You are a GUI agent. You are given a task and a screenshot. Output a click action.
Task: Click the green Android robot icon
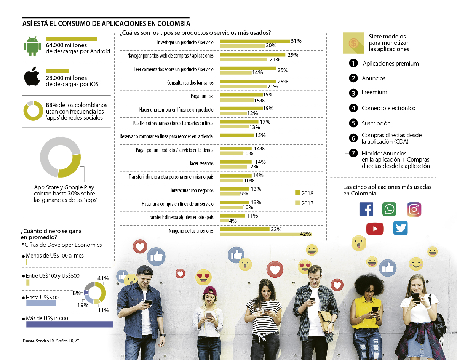pyautogui.click(x=32, y=46)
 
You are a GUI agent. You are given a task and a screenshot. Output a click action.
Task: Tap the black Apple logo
pyautogui.click(x=32, y=77)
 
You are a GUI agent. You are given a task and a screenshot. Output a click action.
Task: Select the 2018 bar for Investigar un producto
pyautogui.click(x=255, y=41)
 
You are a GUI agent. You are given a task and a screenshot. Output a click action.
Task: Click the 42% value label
pyautogui.click(x=305, y=234)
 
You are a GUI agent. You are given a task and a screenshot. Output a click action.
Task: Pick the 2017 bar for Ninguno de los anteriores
pyautogui.click(x=265, y=234)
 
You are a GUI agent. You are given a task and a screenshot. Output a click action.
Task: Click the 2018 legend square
pyautogui.click(x=297, y=193)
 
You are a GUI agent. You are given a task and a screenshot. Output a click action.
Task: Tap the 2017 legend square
pyautogui.click(x=297, y=203)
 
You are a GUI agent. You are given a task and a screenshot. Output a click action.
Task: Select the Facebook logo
pyautogui.click(x=366, y=209)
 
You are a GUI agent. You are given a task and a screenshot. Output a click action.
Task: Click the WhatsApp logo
pyautogui.click(x=389, y=209)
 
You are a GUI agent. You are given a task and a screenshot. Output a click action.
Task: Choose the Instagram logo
pyautogui.click(x=414, y=209)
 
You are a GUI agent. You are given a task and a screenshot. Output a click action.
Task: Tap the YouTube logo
pyautogui.click(x=375, y=228)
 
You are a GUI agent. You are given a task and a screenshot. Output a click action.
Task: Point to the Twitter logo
pyautogui.click(x=400, y=228)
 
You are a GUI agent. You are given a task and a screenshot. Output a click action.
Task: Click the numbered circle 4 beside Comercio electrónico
pyautogui.click(x=353, y=108)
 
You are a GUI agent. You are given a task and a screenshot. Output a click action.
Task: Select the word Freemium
pyautogui.click(x=374, y=92)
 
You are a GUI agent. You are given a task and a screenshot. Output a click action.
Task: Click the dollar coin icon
pyautogui.click(x=353, y=43)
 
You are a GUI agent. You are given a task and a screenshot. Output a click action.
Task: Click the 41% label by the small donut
pyautogui.click(x=103, y=278)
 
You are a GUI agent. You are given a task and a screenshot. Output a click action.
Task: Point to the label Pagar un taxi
pyautogui.click(x=202, y=96)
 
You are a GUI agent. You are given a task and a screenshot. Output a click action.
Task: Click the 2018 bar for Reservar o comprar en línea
pyautogui.click(x=237, y=135)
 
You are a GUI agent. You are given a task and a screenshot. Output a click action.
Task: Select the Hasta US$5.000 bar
pyautogui.click(x=41, y=303)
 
